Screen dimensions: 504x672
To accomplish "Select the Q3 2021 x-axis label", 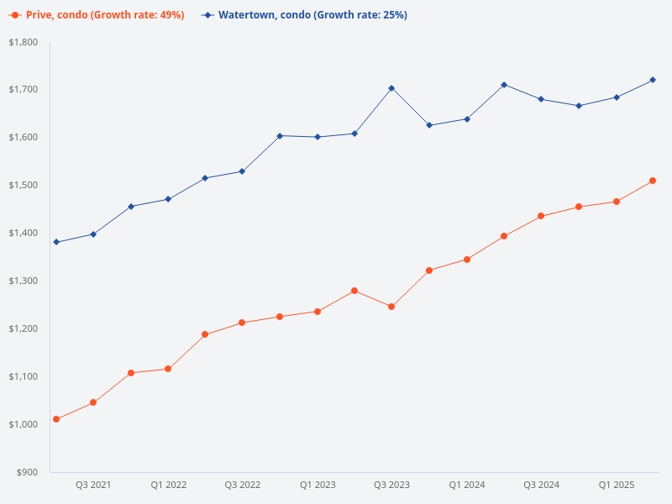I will tap(93, 486).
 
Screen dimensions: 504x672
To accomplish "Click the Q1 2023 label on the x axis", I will tap(318, 486).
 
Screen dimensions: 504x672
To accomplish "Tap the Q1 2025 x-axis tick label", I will tap(616, 486).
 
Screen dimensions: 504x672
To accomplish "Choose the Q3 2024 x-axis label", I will tap(542, 486).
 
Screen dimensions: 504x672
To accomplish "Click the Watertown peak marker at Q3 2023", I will tap(391, 88).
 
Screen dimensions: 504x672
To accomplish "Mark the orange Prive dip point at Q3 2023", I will tap(391, 307).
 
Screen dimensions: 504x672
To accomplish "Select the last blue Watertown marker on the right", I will tap(653, 80).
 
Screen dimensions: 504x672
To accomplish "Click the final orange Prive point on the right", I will tap(653, 181).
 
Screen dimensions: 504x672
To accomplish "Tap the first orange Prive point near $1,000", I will tap(56, 419).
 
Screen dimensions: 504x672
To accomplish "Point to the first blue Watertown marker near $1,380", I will tap(56, 242).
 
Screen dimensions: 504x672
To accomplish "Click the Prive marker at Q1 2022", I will tap(168, 369).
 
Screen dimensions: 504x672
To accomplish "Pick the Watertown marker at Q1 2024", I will tap(467, 119).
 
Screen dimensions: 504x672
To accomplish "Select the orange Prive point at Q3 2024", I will tap(541, 216).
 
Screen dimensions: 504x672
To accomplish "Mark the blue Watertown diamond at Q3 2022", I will tap(242, 171).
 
